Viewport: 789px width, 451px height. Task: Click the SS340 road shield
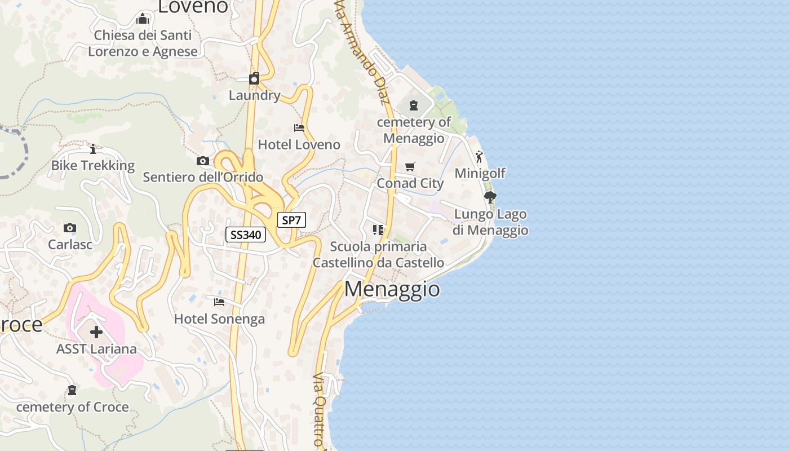[246, 235]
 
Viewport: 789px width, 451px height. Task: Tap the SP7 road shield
[291, 220]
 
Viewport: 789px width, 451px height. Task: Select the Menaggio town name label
[392, 289]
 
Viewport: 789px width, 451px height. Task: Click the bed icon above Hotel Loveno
[299, 129]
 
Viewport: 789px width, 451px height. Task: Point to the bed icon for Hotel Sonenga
[219, 303]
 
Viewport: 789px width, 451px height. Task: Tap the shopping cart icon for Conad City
[410, 167]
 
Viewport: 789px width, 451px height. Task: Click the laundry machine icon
[254, 78]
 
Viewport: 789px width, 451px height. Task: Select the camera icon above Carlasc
[70, 228]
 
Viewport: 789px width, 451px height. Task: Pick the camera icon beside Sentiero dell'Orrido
[203, 161]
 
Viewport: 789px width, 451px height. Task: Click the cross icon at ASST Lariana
[96, 332]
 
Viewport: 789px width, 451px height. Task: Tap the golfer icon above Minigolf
[480, 157]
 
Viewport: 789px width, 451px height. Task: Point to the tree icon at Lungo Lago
[490, 197]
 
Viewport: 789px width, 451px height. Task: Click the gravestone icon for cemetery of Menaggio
[414, 105]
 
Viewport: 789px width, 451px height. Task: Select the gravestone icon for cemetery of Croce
[72, 390]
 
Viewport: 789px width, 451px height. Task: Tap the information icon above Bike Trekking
[93, 149]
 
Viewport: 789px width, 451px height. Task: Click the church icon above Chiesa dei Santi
[143, 19]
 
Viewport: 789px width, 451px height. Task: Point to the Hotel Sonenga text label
[219, 319]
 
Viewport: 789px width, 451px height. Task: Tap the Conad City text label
[410, 183]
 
